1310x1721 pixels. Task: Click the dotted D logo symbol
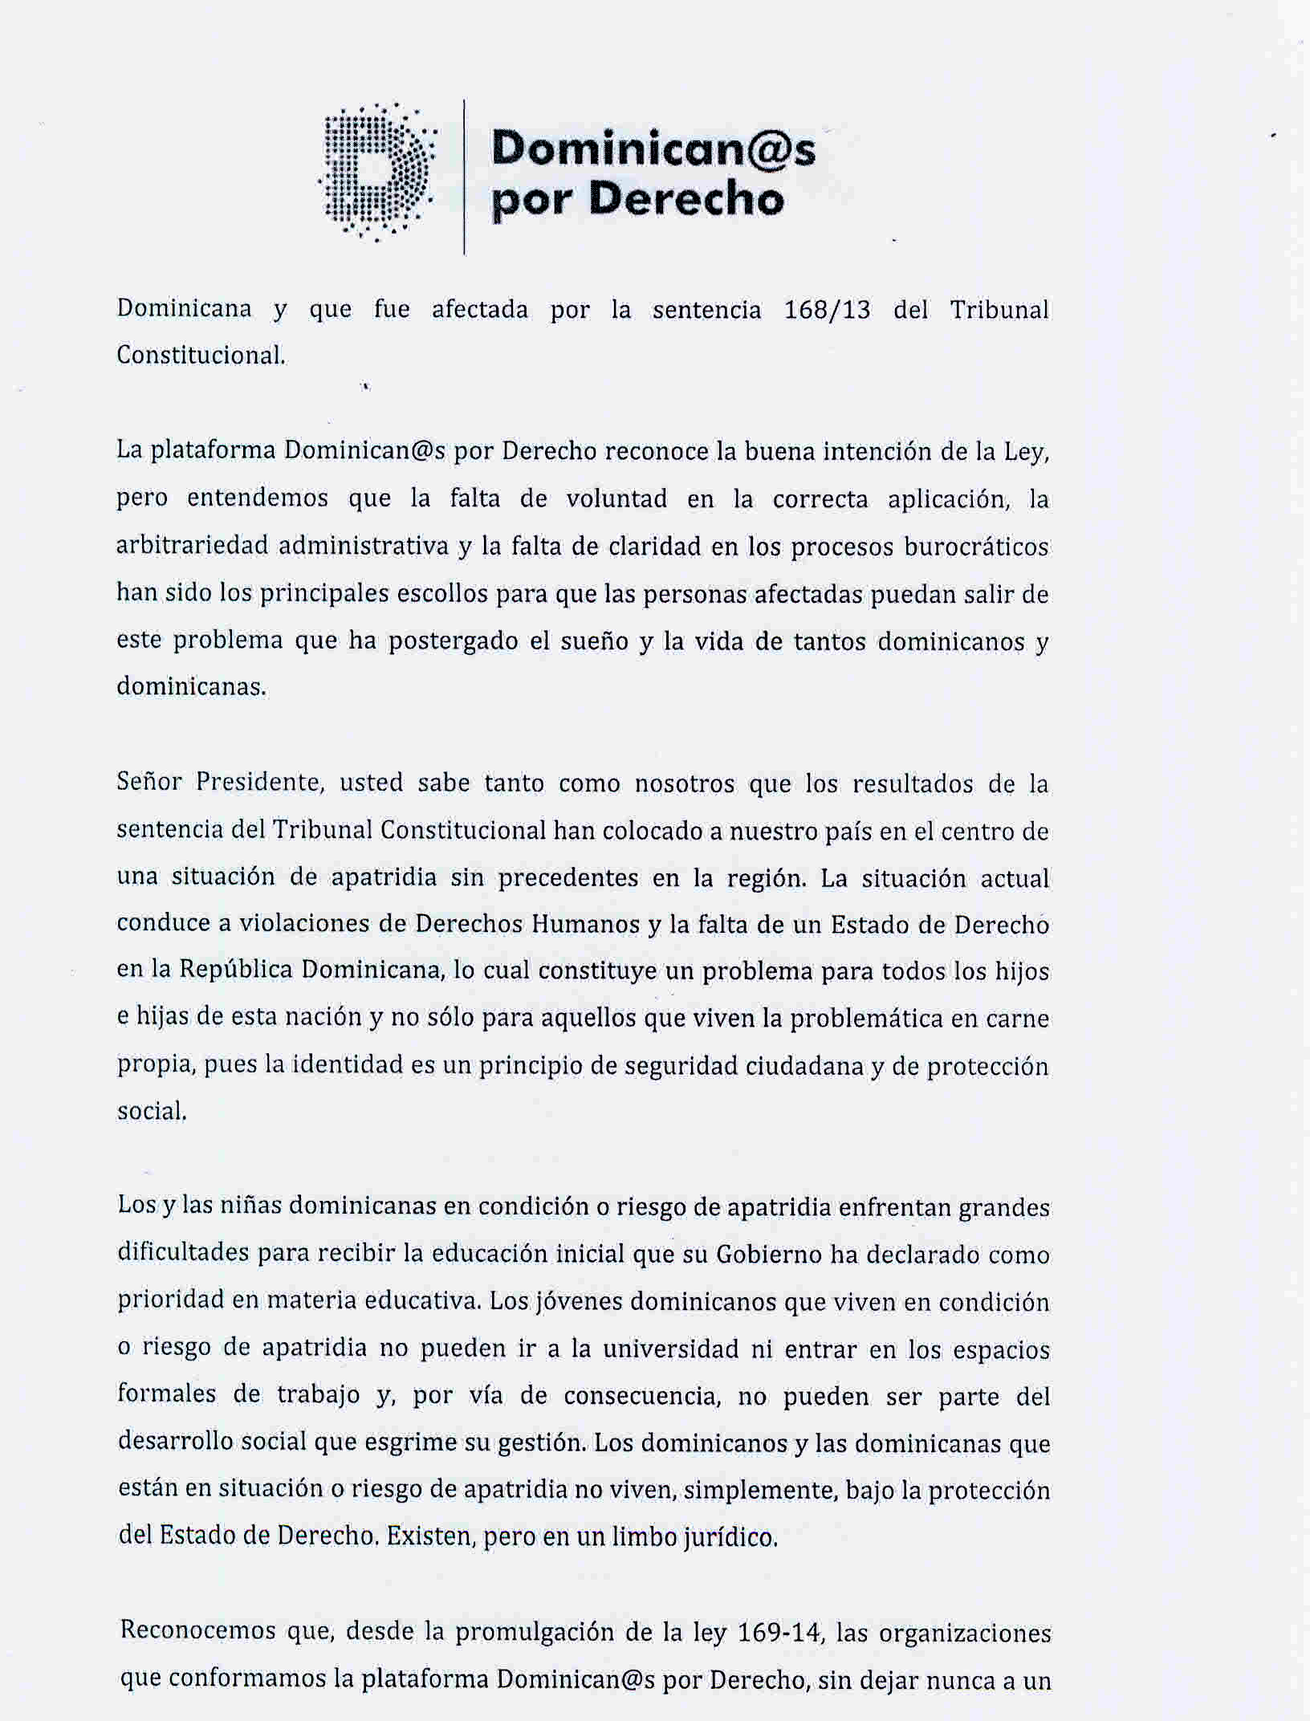tap(377, 171)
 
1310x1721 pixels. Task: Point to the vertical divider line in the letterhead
tap(465, 177)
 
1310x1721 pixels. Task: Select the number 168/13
tap(827, 310)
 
